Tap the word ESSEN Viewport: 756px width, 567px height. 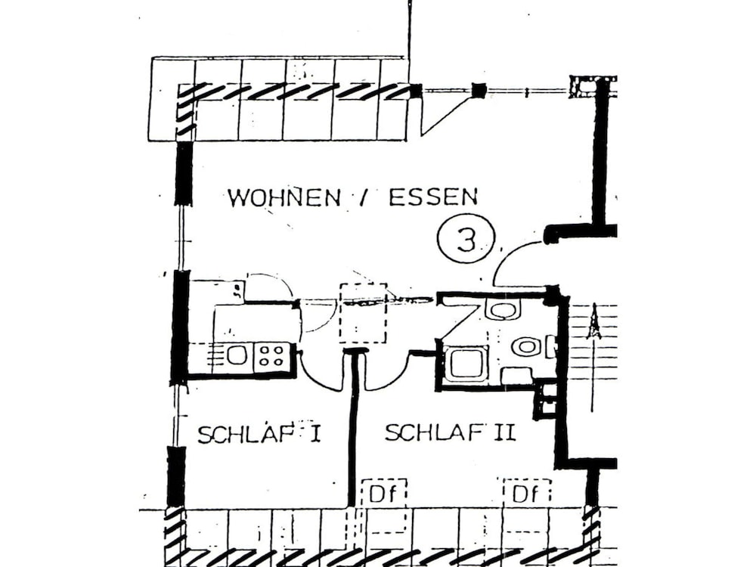[x=433, y=197]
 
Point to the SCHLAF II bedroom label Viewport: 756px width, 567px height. [x=450, y=433]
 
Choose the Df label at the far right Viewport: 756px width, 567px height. [x=526, y=495]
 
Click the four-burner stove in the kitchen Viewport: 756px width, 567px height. [x=271, y=355]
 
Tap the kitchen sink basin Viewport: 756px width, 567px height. [x=237, y=355]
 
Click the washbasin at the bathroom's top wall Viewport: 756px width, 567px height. [x=501, y=308]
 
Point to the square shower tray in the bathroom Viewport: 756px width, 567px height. [x=465, y=364]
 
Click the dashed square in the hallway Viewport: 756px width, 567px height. [x=363, y=313]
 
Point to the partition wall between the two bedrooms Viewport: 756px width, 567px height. [x=352, y=431]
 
